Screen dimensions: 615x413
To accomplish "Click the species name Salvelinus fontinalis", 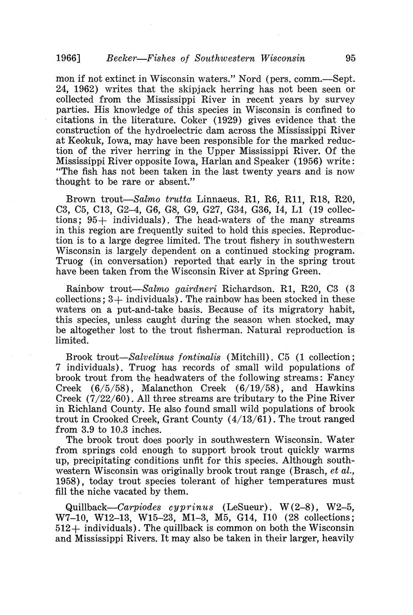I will point(178,357).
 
